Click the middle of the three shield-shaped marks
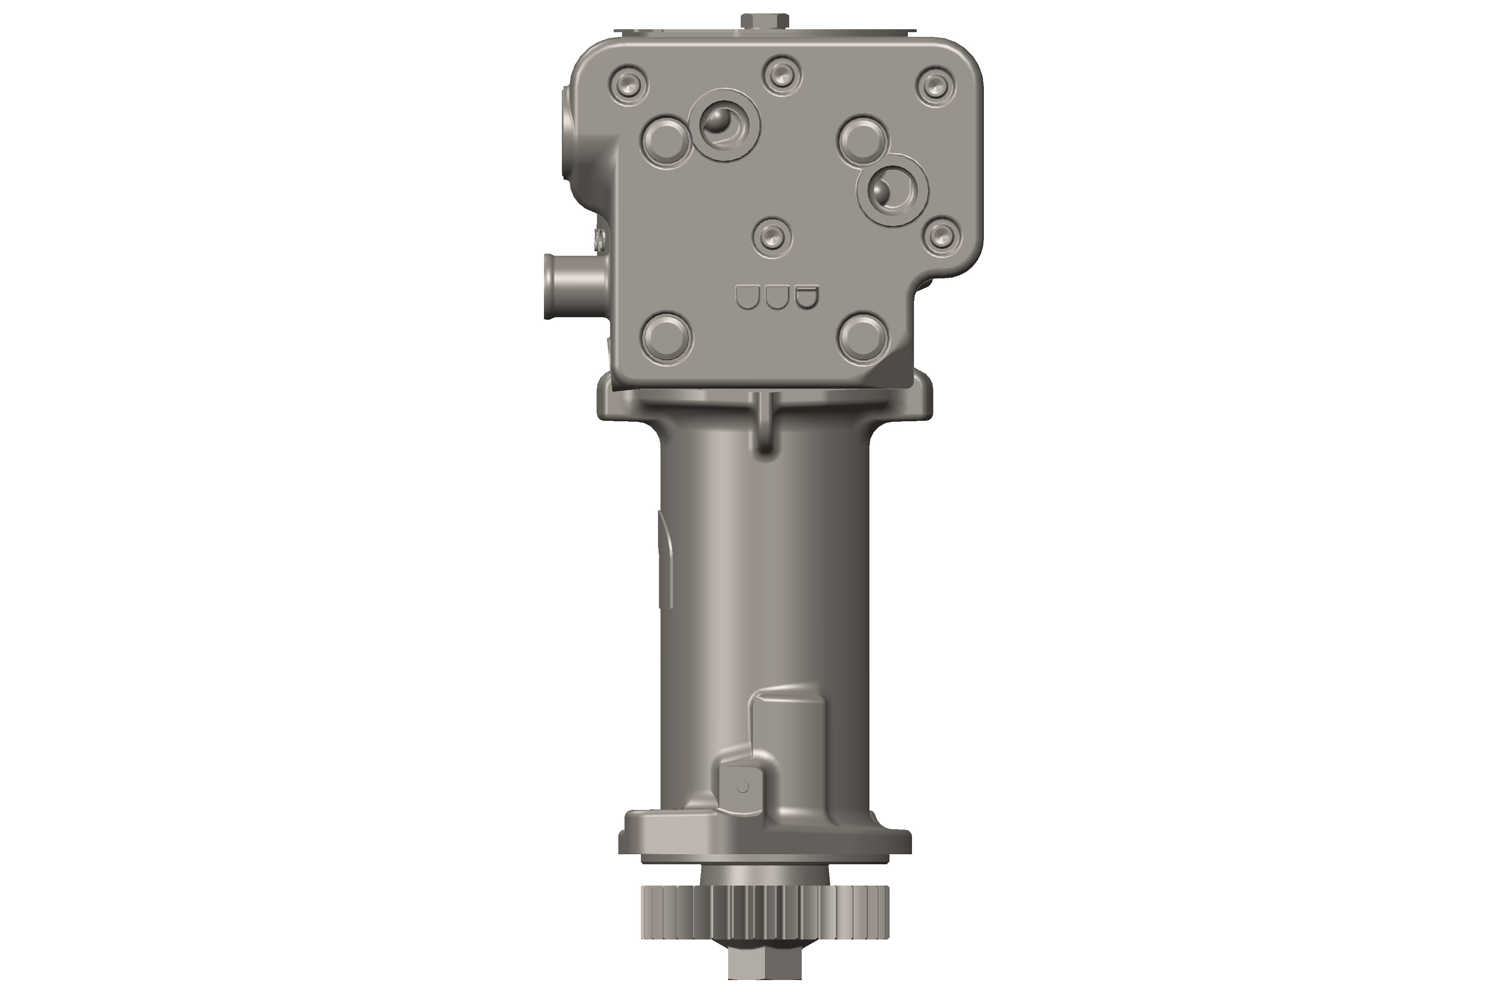pyautogui.click(x=776, y=297)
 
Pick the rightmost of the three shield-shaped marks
pyautogui.click(x=806, y=297)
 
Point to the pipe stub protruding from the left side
pyautogui.click(x=572, y=286)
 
